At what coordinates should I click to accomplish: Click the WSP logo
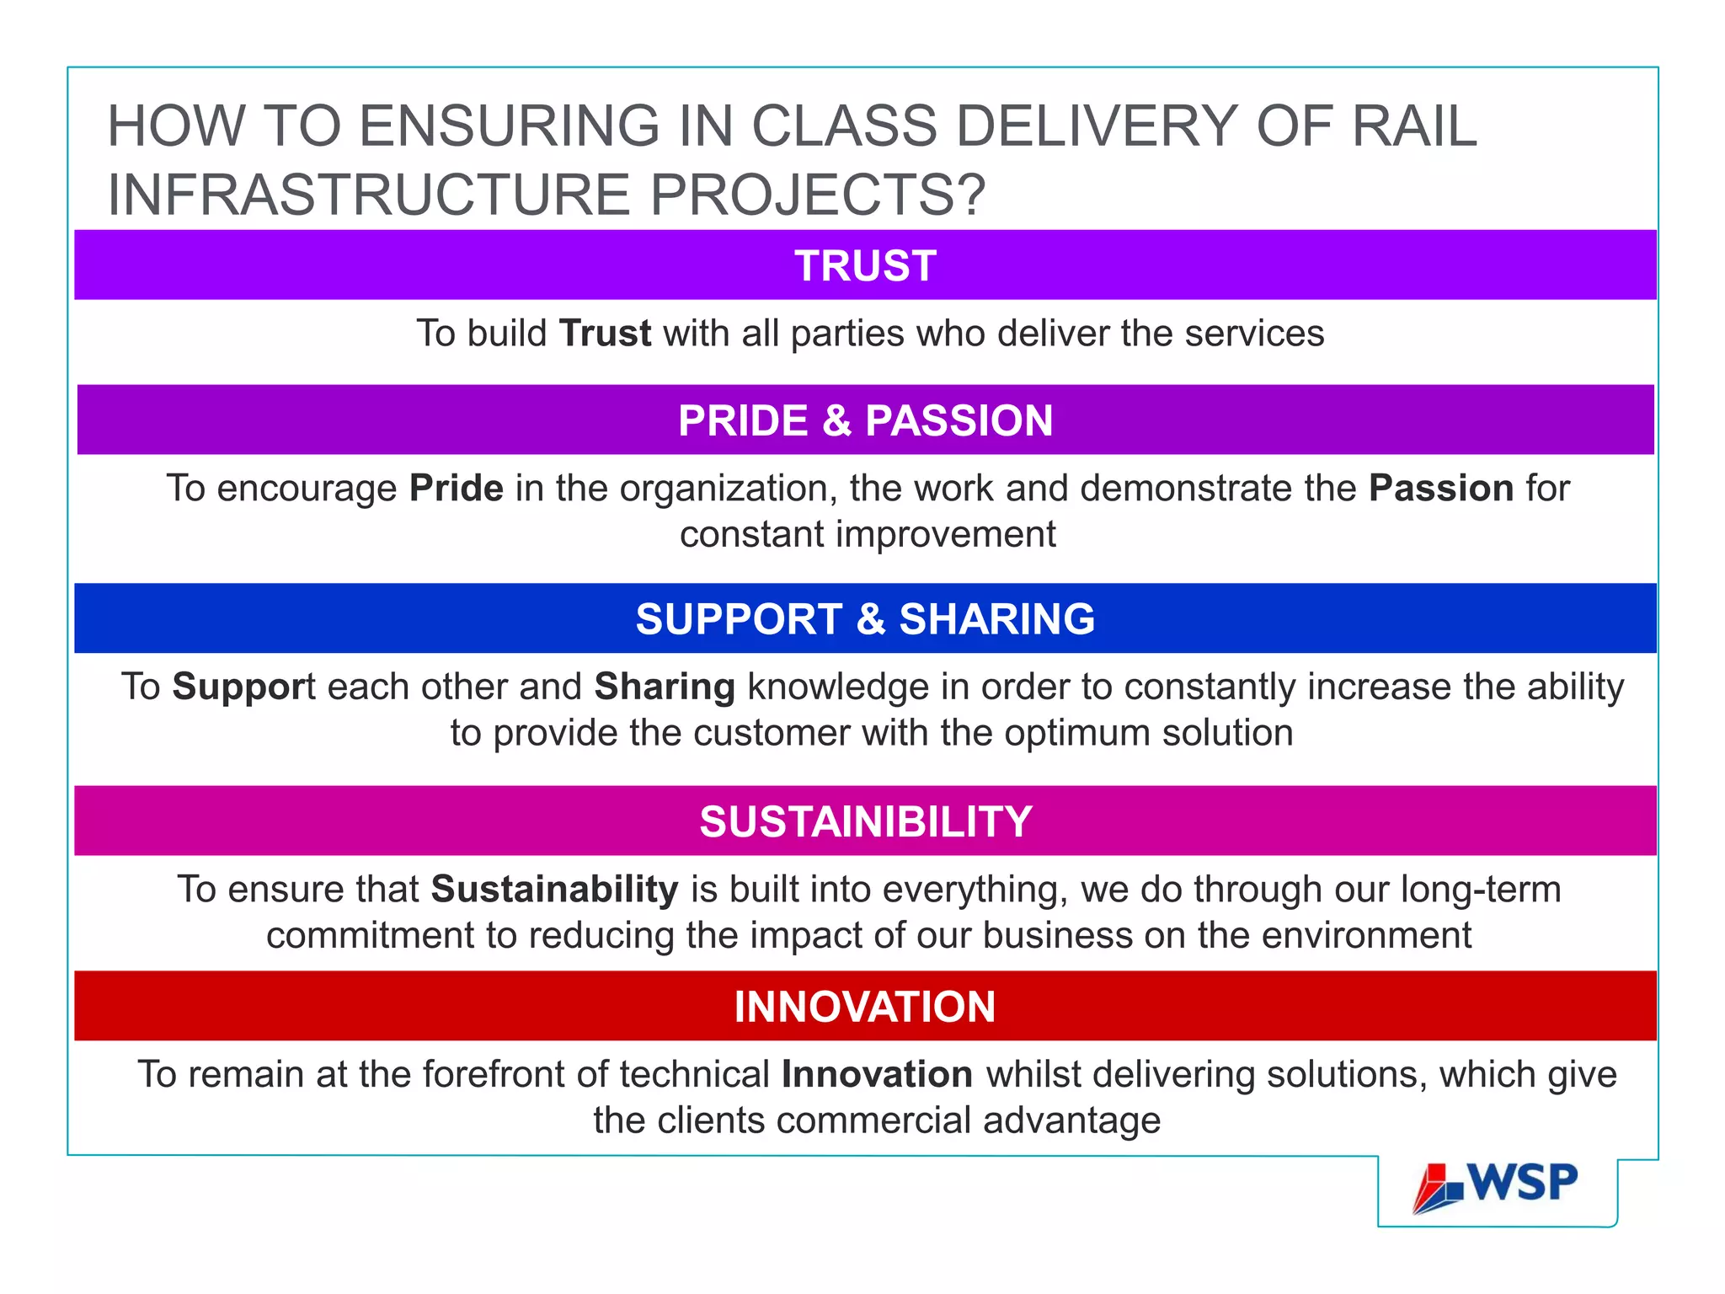click(x=1496, y=1186)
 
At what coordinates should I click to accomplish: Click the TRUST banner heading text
click(x=865, y=265)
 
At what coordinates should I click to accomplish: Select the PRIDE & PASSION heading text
click(x=865, y=420)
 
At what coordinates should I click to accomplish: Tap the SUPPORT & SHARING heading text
click(x=865, y=619)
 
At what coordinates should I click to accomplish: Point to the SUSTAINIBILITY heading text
click(x=865, y=821)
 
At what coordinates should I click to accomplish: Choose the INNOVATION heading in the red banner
click(x=865, y=1007)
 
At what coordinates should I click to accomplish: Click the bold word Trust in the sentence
click(x=605, y=334)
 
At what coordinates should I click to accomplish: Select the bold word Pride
click(x=457, y=489)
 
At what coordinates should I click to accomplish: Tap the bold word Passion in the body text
click(x=1441, y=489)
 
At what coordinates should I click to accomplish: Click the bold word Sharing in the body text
click(x=665, y=687)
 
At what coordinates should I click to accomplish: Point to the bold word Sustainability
click(x=554, y=890)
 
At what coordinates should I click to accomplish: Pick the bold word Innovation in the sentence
click(x=877, y=1075)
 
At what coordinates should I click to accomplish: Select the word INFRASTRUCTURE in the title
click(x=369, y=195)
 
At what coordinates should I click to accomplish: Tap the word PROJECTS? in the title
click(x=817, y=195)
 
